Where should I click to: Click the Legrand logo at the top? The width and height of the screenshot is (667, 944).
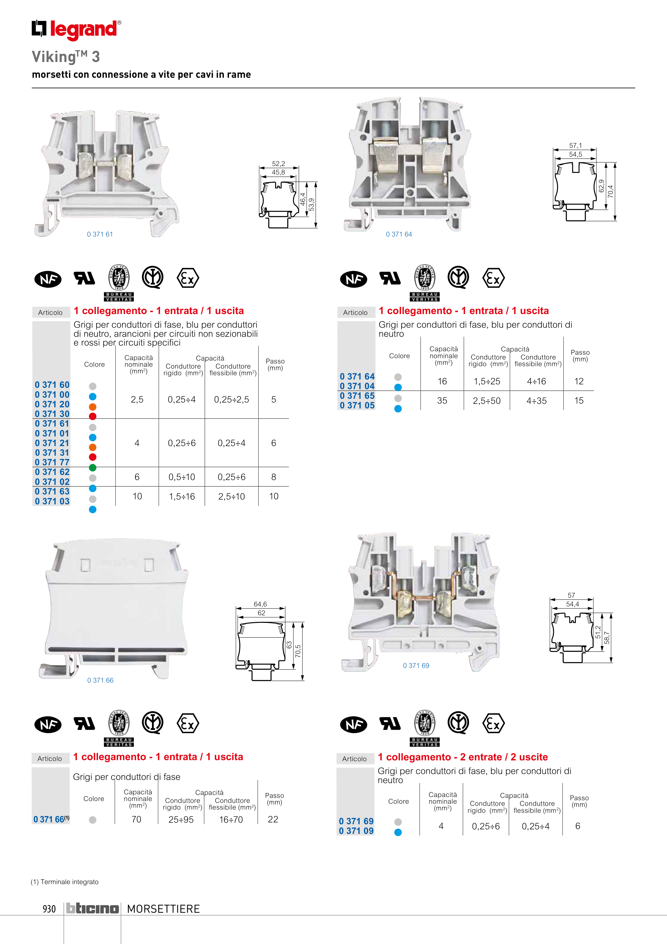[x=76, y=30]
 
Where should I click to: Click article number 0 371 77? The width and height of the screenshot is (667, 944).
[x=52, y=462]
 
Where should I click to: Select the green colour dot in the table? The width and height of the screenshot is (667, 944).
[x=93, y=467]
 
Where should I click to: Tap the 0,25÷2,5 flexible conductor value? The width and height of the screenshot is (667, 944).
[x=231, y=399]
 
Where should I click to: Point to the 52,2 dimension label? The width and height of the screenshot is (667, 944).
[x=278, y=164]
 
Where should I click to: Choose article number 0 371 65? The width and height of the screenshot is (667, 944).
[x=357, y=396]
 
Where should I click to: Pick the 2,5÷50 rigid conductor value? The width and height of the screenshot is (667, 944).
[x=487, y=400]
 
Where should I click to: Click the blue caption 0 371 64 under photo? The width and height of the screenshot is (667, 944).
[x=399, y=234]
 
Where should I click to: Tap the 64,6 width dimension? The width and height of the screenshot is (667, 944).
[x=260, y=604]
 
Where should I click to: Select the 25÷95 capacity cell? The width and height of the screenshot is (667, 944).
[x=181, y=819]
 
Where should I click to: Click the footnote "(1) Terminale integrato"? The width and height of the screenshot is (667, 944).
[x=65, y=882]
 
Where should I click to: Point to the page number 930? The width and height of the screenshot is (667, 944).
[x=49, y=909]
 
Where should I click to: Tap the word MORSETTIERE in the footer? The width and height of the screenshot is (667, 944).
[x=163, y=909]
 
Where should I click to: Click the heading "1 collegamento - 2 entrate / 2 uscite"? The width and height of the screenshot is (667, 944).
[x=463, y=757]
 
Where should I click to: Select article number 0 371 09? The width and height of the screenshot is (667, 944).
[x=356, y=830]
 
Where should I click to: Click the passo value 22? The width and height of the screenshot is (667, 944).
[x=273, y=819]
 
